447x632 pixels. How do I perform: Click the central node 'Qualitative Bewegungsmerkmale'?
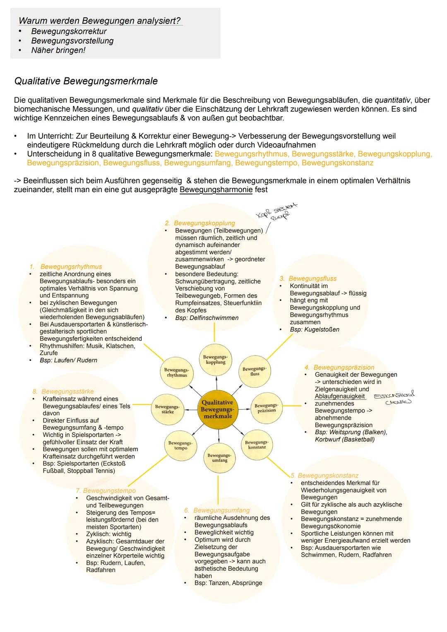[x=218, y=409]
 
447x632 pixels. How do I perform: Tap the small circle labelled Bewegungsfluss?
[x=255, y=371]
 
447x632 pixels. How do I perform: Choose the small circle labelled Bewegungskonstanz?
[x=257, y=445]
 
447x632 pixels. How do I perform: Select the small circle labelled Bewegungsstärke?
[x=167, y=409]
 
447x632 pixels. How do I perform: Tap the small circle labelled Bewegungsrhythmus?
[x=177, y=372]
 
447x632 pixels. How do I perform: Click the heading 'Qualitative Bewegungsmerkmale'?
[x=86, y=81]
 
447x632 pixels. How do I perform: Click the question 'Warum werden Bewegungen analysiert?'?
[x=100, y=21]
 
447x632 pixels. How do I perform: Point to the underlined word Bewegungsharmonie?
[x=216, y=190]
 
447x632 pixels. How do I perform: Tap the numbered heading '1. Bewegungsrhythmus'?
[x=66, y=267]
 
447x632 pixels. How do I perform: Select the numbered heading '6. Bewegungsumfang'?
[x=217, y=510]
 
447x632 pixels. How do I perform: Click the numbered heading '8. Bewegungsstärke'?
[x=63, y=392]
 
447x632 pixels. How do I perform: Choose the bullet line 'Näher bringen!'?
[x=58, y=50]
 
